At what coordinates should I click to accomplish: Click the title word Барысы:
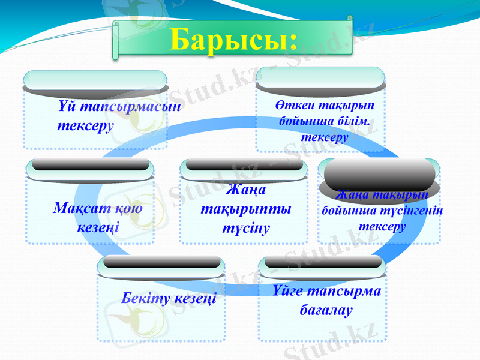click(233, 40)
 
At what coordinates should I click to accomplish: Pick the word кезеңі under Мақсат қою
click(98, 228)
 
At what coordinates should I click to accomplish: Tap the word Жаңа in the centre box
click(246, 190)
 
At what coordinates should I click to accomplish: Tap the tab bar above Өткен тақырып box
click(320, 77)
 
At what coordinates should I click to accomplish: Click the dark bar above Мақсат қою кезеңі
click(90, 164)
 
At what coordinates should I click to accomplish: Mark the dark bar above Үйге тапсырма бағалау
click(323, 262)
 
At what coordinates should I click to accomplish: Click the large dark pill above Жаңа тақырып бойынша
click(379, 175)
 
